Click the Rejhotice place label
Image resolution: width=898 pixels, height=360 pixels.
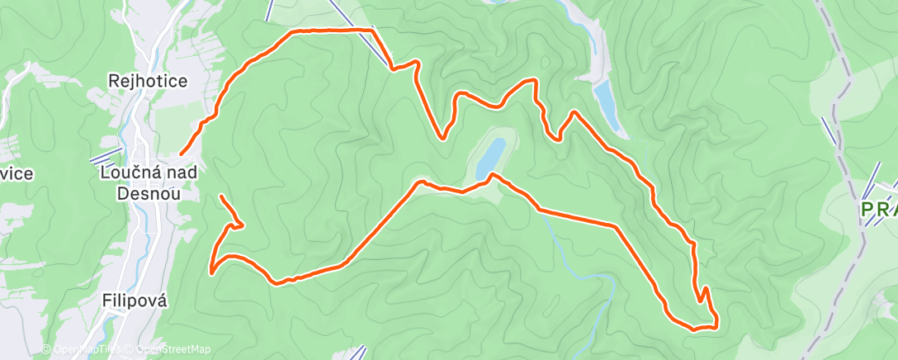coord(149,81)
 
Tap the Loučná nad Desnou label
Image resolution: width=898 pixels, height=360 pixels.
coord(149,182)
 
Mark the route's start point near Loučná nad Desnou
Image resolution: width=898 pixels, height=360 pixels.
coord(181,154)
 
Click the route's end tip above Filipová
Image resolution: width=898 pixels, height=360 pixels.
coord(221,197)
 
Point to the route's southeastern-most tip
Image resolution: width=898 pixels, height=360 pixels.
coord(715,324)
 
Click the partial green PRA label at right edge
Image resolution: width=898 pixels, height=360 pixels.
coord(878,211)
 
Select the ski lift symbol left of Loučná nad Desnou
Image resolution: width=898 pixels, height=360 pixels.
coord(107,156)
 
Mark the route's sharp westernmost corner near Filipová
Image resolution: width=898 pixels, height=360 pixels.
coord(211,270)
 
